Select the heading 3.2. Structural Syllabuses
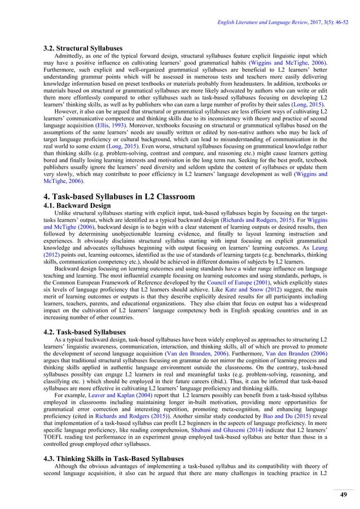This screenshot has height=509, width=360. (x=83, y=49)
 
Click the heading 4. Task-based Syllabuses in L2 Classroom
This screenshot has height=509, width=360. (x=119, y=196)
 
